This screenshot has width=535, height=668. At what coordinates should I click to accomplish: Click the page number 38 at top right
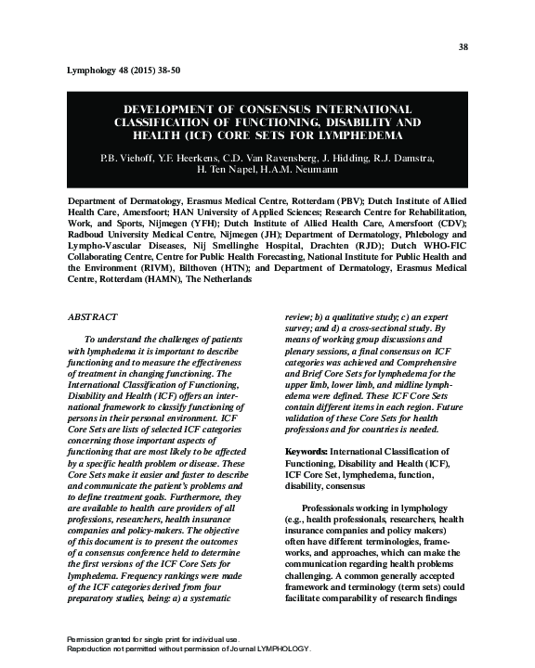click(464, 46)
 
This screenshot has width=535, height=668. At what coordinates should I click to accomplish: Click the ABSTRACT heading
click(95, 315)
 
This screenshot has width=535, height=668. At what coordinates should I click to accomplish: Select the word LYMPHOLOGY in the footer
click(277, 649)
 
